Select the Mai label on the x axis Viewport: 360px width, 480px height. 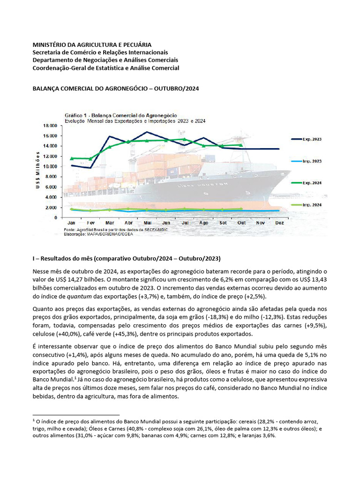pos(147,223)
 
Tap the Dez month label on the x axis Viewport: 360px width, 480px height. pos(279,223)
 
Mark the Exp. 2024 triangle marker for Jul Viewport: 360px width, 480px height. pos(185,139)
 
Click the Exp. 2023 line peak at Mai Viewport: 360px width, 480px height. pos(147,132)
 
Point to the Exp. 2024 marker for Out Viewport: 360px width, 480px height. pos(241,145)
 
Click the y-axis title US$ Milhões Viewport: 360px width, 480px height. pos(37,171)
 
